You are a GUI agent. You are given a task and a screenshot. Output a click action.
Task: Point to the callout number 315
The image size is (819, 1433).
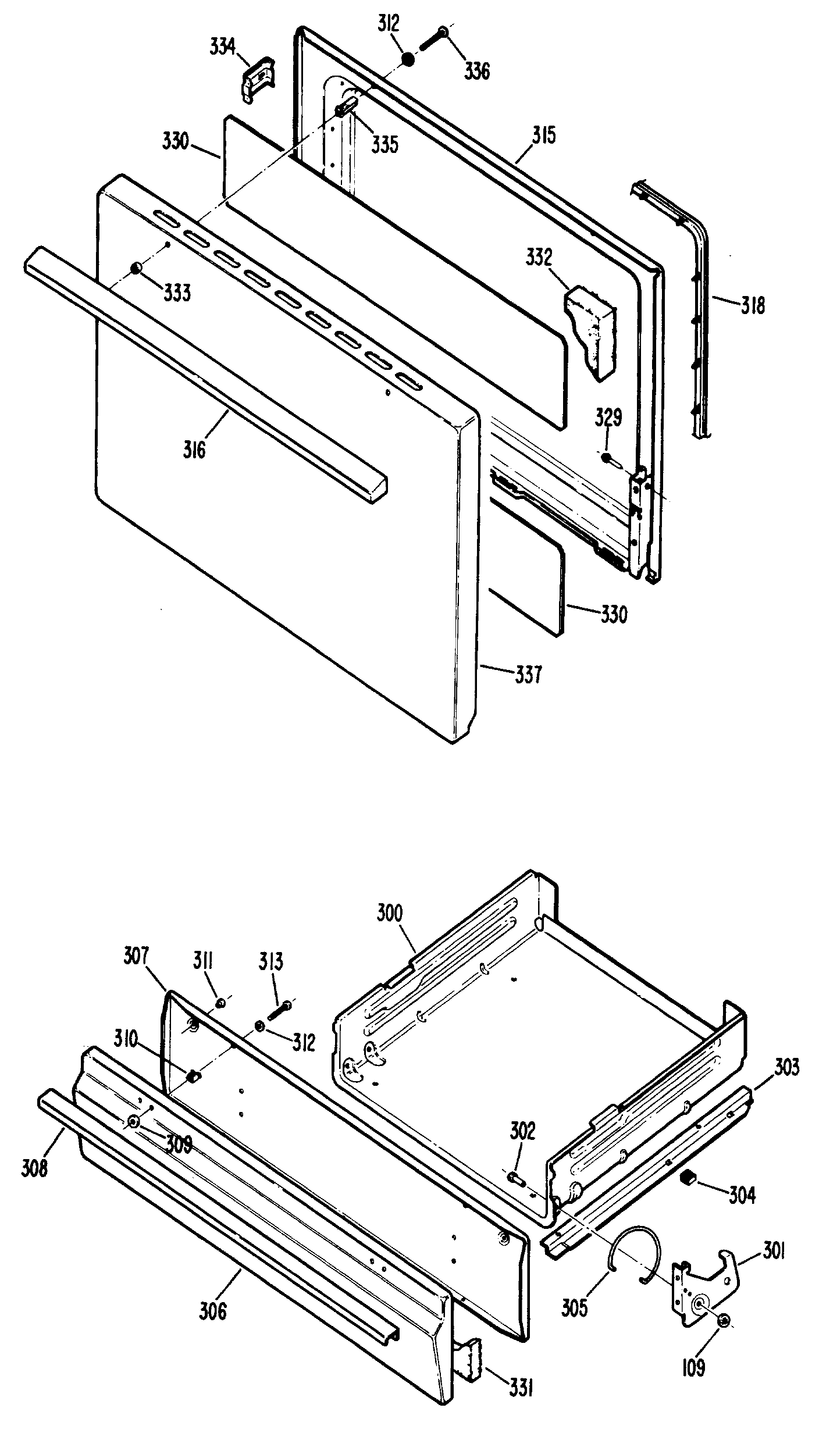[544, 136]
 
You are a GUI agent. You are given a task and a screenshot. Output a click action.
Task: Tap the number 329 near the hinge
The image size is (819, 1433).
[608, 417]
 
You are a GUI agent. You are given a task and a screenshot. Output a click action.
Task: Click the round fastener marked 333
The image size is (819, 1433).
[136, 268]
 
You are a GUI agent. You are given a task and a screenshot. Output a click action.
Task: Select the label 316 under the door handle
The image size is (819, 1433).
[194, 449]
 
